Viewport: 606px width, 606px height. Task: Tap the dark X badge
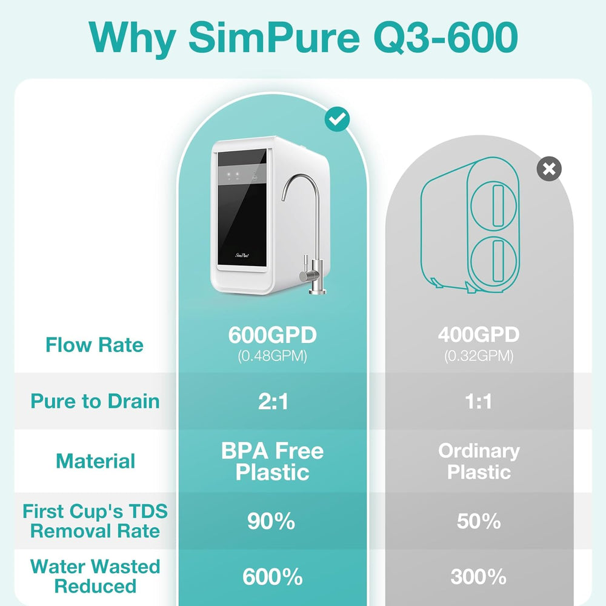coord(549,169)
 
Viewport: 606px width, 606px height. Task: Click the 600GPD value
coord(273,335)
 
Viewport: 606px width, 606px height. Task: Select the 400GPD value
coord(479,335)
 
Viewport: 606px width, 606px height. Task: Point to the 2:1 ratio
coord(273,401)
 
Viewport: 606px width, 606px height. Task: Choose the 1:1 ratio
coord(479,401)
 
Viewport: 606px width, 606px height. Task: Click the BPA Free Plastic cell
coord(273,461)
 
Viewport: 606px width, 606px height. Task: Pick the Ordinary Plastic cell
coord(479,461)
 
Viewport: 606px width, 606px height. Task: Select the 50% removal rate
coord(479,521)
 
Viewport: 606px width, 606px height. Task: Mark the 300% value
coord(479,577)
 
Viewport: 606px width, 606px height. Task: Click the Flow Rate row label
coord(95,345)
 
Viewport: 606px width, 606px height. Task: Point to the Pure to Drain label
coord(95,401)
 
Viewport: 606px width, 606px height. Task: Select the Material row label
coord(96,461)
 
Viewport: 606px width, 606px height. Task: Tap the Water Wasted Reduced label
coord(95,576)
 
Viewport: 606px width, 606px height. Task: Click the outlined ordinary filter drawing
coord(471,222)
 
